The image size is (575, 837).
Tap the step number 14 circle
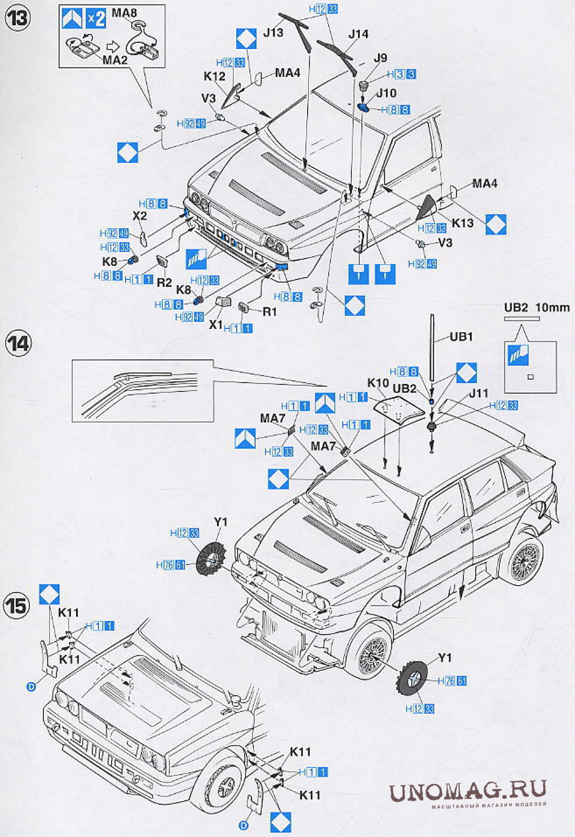point(17,343)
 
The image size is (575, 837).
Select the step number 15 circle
point(17,606)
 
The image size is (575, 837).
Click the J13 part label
point(273,33)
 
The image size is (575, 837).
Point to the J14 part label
point(358,34)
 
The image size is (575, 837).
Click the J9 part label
point(381,57)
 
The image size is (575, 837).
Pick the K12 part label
point(214,76)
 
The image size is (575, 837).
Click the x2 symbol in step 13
point(96,19)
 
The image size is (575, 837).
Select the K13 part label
point(463,222)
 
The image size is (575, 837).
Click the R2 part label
point(164,282)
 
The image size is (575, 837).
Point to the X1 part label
point(216,325)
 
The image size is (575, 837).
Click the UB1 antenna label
point(461,337)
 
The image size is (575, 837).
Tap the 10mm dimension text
point(552,308)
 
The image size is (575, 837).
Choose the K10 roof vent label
point(378,383)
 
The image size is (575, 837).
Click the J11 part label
point(479,393)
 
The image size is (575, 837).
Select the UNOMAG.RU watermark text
point(468,791)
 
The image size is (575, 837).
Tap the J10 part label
point(386,93)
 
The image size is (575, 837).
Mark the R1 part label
point(269,311)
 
